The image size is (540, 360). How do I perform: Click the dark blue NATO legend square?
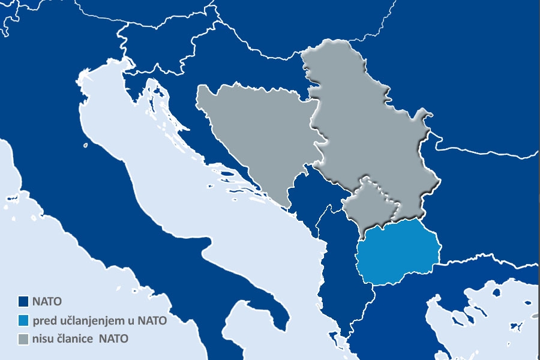[23, 301]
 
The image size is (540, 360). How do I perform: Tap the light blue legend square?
[23, 320]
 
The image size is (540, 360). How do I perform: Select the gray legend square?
[23, 339]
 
